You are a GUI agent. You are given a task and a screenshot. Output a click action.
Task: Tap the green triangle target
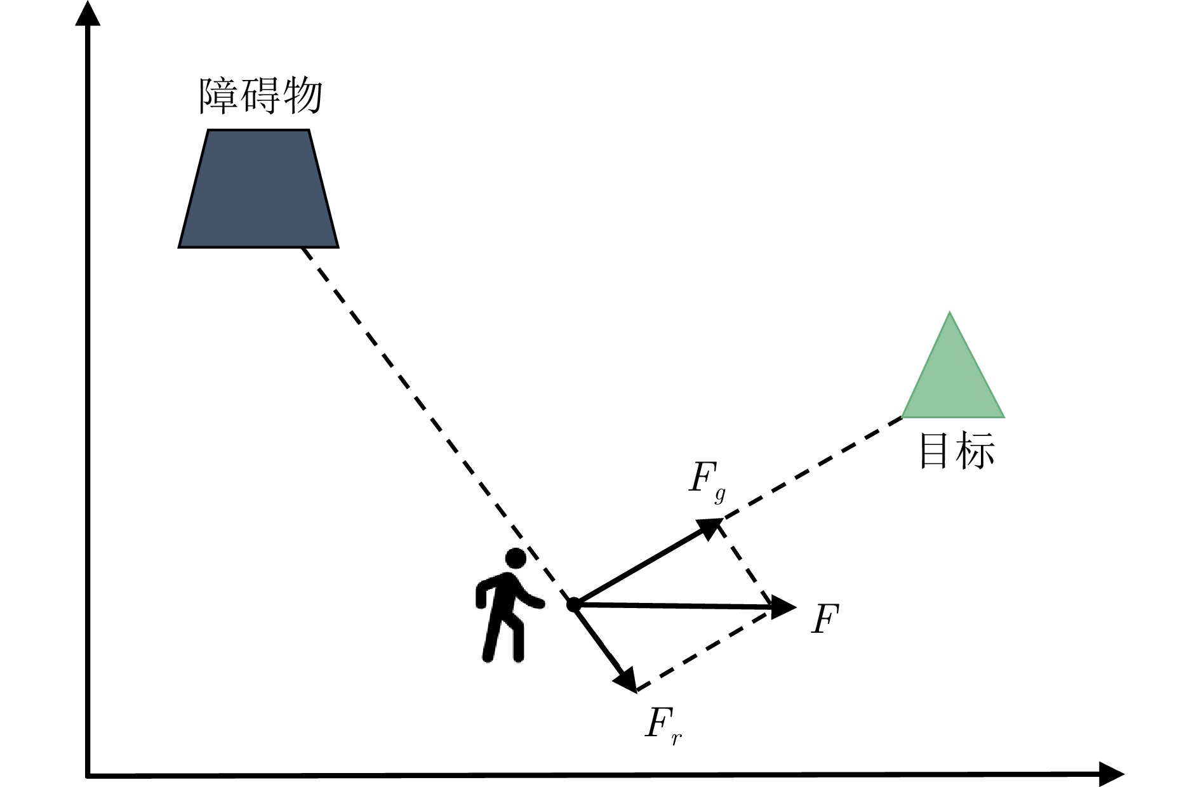pyautogui.click(x=952, y=381)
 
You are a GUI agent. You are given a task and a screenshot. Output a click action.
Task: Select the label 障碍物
pyautogui.click(x=261, y=96)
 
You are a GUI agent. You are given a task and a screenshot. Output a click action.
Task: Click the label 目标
pyautogui.click(x=957, y=451)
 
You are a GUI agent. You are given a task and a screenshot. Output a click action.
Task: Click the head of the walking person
pyautogui.click(x=516, y=559)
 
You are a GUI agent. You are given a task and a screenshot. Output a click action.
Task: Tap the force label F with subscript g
pyautogui.click(x=706, y=480)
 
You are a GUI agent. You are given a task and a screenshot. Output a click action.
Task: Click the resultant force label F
pyautogui.click(x=825, y=619)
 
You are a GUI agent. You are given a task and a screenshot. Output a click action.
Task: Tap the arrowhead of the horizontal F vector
pyautogui.click(x=784, y=607)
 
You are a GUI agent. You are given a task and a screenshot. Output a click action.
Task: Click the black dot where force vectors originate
pyautogui.click(x=573, y=604)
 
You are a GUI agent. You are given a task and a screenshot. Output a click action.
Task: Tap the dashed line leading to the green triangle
pyautogui.click(x=813, y=466)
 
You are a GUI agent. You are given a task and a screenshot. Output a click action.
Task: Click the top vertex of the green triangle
pyautogui.click(x=950, y=314)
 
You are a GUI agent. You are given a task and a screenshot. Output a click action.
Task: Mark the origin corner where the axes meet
pyautogui.click(x=88, y=775)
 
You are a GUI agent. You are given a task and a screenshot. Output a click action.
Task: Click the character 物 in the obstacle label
pyautogui.click(x=303, y=96)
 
